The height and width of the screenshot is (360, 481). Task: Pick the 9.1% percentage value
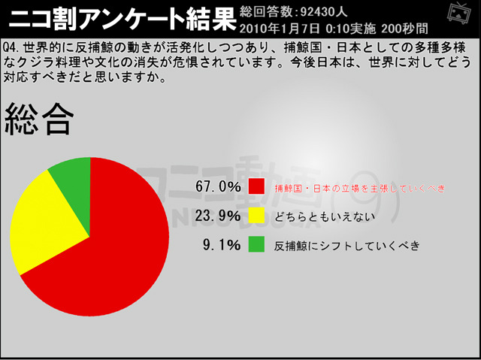[x=222, y=244]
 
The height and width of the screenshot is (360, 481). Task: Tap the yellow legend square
[x=257, y=216]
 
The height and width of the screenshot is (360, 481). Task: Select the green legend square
[x=257, y=244]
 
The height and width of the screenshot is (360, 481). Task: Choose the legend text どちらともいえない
[x=325, y=216]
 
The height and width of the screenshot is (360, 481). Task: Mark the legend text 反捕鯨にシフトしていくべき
[x=346, y=245]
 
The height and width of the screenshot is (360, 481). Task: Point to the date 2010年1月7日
[x=279, y=28]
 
